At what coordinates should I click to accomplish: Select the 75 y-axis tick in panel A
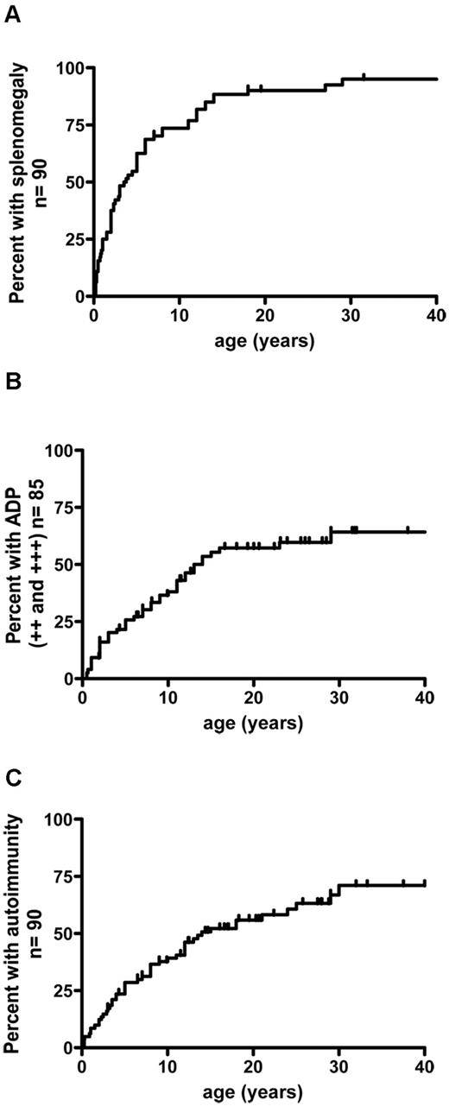(x=75, y=125)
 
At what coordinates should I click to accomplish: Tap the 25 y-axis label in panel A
(x=75, y=239)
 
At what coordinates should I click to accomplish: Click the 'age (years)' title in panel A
(x=265, y=340)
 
